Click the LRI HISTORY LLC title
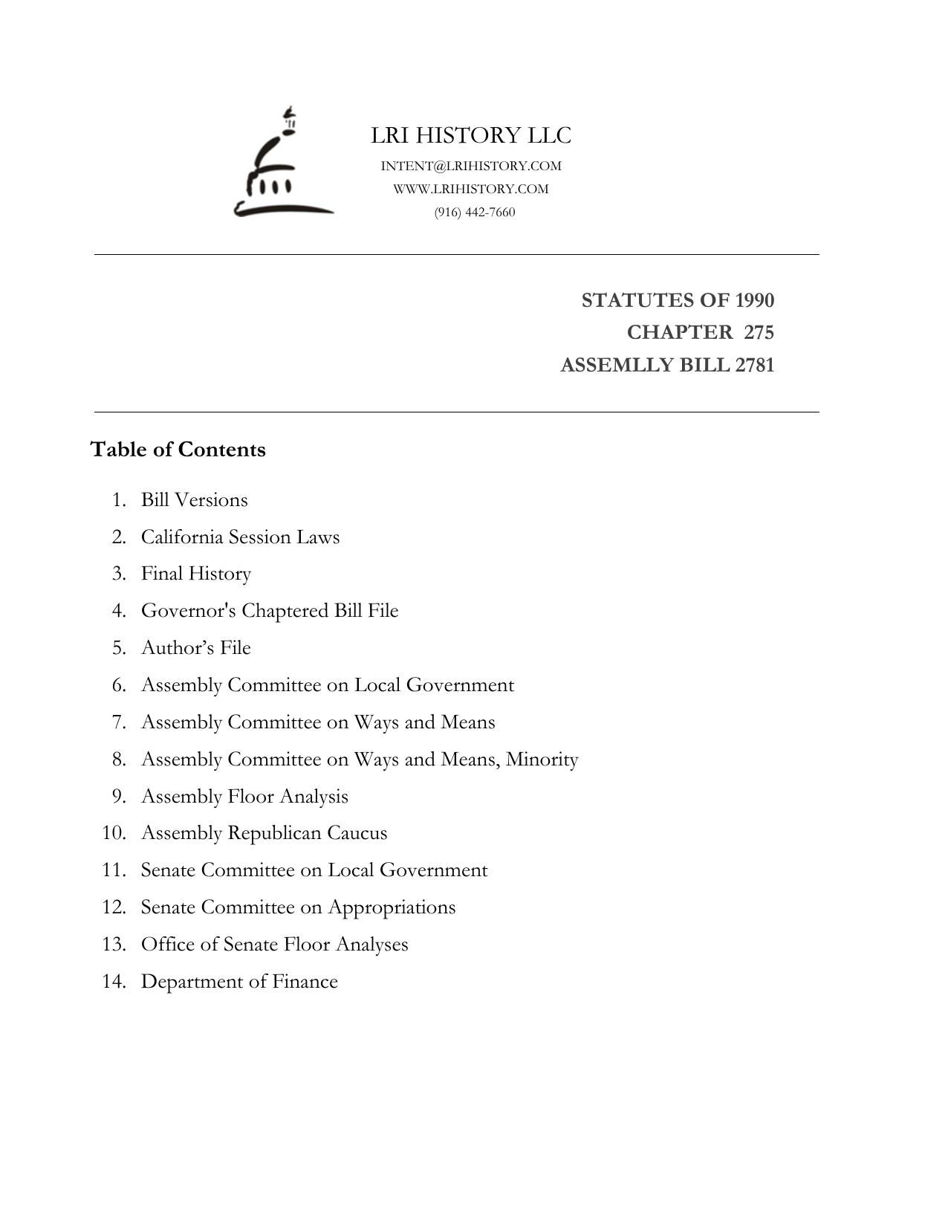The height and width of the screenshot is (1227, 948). click(x=471, y=136)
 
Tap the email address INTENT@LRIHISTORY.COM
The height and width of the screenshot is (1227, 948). click(x=471, y=166)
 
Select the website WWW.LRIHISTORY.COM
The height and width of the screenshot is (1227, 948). click(x=471, y=189)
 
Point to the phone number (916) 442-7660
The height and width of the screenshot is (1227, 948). click(x=475, y=212)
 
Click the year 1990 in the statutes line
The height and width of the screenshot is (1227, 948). click(x=754, y=300)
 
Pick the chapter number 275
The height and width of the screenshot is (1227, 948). click(x=759, y=332)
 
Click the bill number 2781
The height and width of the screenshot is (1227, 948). click(x=754, y=365)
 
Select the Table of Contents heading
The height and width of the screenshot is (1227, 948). click(x=178, y=450)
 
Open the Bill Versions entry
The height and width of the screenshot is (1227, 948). click(x=194, y=500)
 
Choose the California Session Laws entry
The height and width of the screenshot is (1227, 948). click(x=240, y=537)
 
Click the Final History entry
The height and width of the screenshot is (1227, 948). click(x=196, y=574)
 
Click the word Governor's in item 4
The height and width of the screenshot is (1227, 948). click(x=189, y=611)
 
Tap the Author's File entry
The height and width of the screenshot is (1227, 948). click(x=196, y=648)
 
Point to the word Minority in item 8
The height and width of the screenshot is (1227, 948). click(x=542, y=760)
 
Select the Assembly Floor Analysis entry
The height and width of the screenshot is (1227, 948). click(x=244, y=797)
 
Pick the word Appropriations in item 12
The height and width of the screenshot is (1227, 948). click(x=392, y=907)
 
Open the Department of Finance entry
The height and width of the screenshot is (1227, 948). click(x=239, y=982)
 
